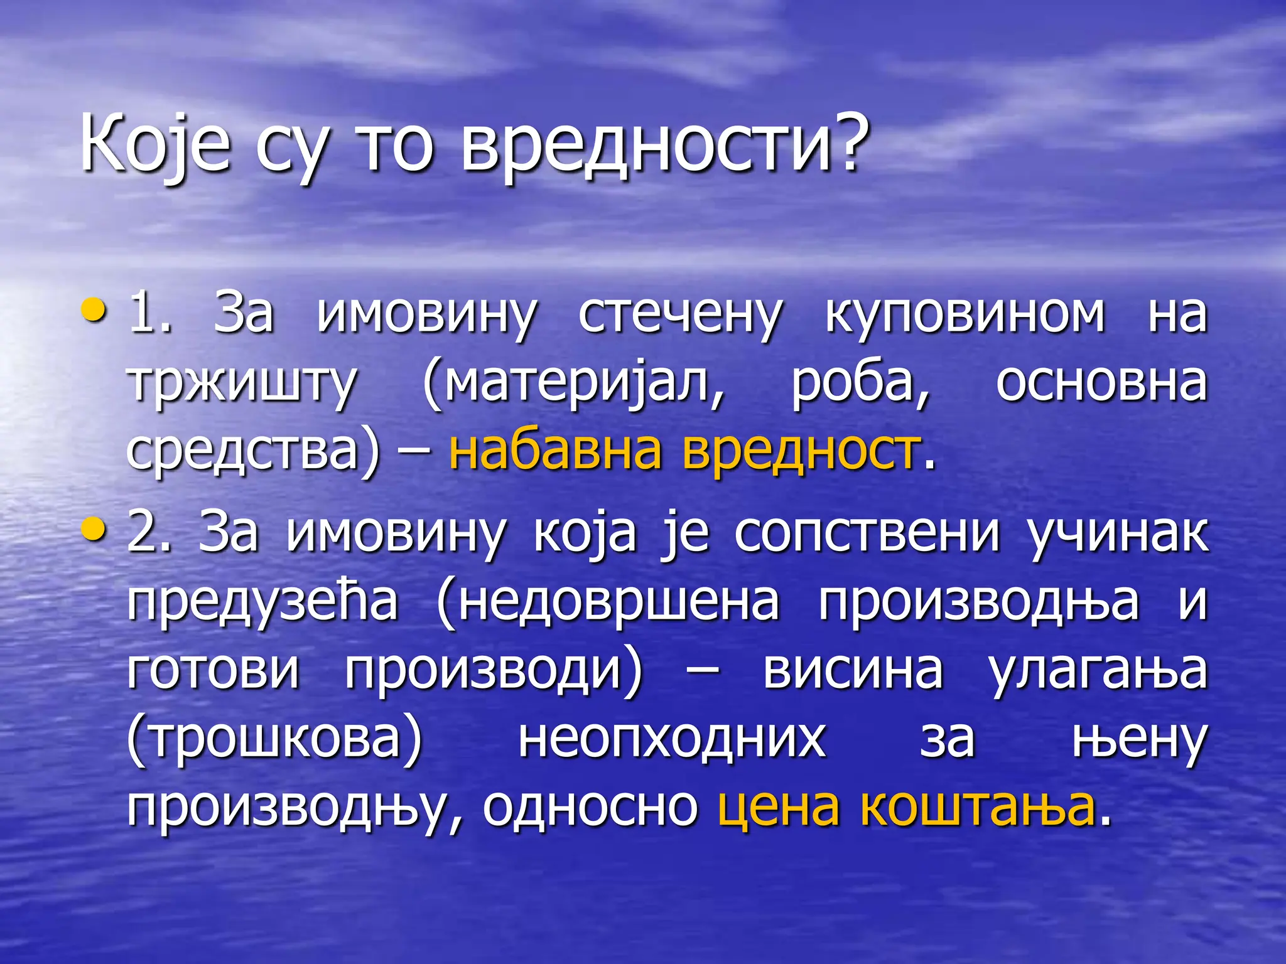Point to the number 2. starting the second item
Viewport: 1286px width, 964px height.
tap(149, 532)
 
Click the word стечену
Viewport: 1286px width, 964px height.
tap(680, 316)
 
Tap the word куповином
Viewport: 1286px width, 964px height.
tap(964, 316)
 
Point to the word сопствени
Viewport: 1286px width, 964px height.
tap(867, 533)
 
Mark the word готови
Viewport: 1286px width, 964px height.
tap(213, 670)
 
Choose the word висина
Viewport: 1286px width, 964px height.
tap(853, 670)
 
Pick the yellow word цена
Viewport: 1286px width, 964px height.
tap(779, 808)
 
